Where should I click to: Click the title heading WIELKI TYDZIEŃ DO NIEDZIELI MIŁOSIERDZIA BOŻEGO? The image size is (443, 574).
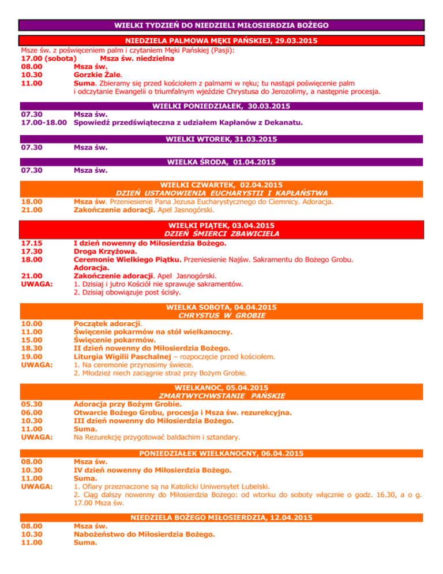coord(221,25)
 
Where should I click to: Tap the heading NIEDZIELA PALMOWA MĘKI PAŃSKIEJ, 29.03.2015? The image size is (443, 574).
coord(221,42)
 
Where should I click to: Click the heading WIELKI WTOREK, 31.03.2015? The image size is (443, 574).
coord(221,140)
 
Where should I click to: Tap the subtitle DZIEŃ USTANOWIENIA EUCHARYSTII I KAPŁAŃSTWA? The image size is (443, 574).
coord(221,192)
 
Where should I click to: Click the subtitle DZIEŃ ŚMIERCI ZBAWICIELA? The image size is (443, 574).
coord(221,234)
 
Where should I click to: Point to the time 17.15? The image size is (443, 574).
coord(31,244)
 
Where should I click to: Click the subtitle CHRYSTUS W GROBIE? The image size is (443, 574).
coord(221,316)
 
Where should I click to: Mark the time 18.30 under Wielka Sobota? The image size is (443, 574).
coord(31,348)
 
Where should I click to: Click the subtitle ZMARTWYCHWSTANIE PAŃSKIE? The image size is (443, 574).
coord(221,396)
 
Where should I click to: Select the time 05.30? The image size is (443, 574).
coord(31,404)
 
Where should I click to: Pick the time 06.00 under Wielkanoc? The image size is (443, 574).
coord(31,412)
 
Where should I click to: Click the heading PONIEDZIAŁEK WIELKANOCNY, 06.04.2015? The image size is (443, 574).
coord(221,453)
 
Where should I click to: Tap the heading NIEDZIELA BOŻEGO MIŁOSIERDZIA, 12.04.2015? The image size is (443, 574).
coord(221,517)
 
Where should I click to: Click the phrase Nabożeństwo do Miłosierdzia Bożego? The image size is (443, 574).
coord(145,535)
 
